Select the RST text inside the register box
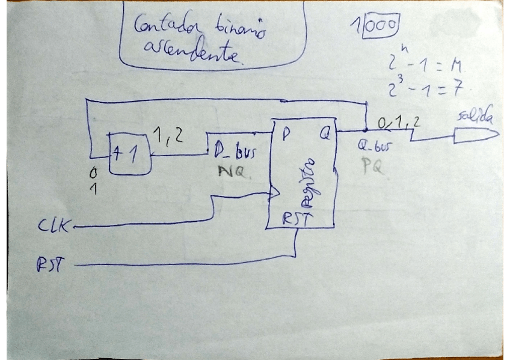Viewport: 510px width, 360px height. click(x=297, y=220)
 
